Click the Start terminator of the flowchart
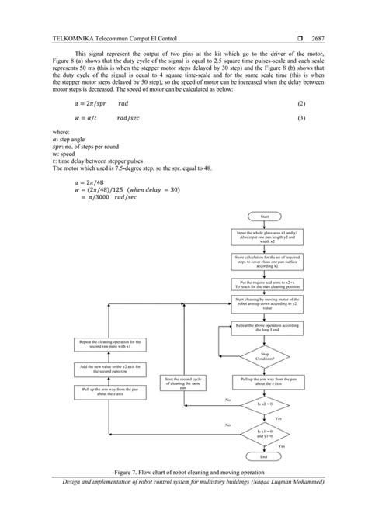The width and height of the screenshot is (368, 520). click(x=264, y=217)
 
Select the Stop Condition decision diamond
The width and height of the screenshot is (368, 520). click(x=264, y=356)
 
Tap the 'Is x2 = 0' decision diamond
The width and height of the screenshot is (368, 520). click(x=264, y=404)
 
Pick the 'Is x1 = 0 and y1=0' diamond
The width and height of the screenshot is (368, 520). click(x=264, y=431)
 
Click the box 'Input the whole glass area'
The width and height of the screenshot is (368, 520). click(x=264, y=237)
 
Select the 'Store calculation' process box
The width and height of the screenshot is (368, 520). click(x=264, y=261)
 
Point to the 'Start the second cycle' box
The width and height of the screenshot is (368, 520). click(x=184, y=382)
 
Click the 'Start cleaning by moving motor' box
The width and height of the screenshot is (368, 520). click(x=264, y=302)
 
